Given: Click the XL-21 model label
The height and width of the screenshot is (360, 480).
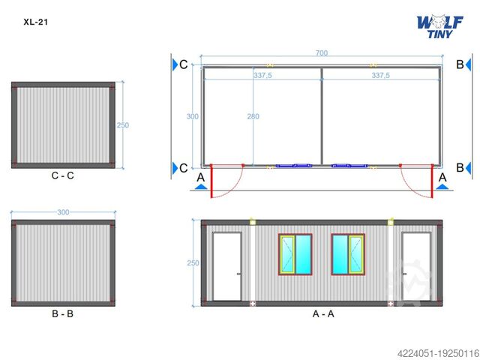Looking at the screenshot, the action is pos(35,22).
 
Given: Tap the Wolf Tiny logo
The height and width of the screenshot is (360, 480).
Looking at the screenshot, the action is pos(440,27).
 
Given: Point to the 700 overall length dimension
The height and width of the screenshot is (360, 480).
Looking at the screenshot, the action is pos(322,53).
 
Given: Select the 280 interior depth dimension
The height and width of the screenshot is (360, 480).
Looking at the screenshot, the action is pos(253,116).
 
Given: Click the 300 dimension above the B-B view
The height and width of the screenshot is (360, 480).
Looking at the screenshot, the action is pos(63,212).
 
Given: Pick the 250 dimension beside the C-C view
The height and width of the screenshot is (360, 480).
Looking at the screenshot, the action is pos(123,125).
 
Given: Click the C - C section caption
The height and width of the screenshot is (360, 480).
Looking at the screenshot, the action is pos(63,175).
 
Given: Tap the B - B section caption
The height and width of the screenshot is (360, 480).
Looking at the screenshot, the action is pos(63,313).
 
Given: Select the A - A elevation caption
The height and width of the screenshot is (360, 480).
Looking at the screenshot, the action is pos(323,313).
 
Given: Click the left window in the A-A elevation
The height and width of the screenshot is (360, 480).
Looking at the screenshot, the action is pos(295,255).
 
